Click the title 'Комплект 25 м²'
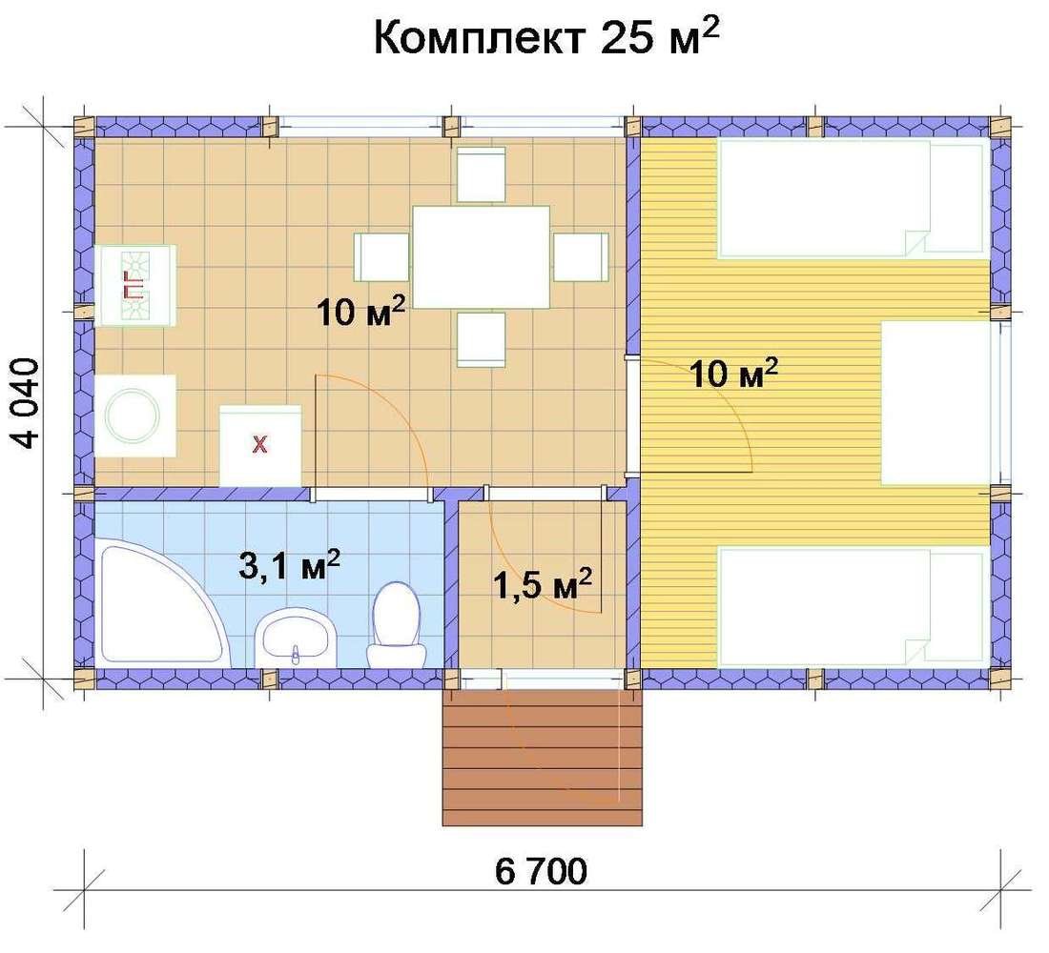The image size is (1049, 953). tap(545, 37)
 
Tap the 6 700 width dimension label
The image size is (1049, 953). tap(542, 871)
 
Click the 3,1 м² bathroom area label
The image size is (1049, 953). tap(289, 566)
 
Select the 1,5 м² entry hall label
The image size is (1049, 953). tap(542, 584)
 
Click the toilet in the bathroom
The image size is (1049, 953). tap(397, 624)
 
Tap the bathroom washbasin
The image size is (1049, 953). tap(295, 637)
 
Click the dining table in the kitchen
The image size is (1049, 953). tap(481, 256)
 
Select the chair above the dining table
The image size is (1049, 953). tap(481, 175)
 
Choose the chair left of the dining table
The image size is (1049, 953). tap(381, 257)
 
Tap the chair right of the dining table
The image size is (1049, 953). tap(581, 257)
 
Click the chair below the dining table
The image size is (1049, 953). tap(481, 339)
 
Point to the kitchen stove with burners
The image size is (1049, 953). tap(135, 286)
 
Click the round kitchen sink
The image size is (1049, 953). tap(134, 416)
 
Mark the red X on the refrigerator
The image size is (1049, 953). tap(259, 443)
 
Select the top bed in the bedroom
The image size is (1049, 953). tap(853, 198)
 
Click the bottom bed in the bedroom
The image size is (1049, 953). tap(853, 607)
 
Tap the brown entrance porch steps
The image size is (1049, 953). tap(543, 758)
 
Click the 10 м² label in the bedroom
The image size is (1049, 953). tap(734, 373)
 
